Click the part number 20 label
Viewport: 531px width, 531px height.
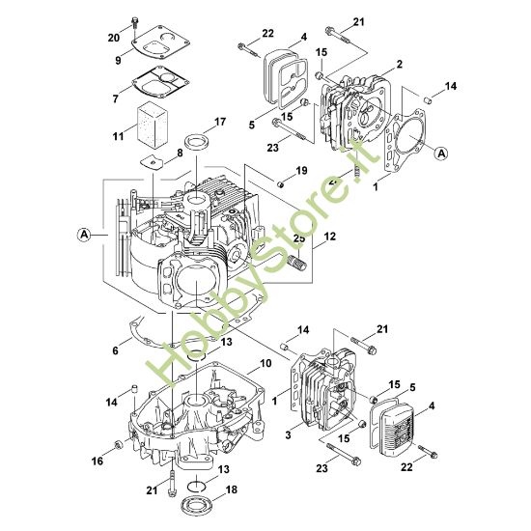114,38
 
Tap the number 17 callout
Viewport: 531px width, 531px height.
220,122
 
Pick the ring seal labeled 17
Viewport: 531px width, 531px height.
196,144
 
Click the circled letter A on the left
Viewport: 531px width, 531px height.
84,235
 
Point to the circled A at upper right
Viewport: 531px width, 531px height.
441,154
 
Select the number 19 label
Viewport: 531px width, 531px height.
301,171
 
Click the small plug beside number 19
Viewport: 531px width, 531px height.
281,185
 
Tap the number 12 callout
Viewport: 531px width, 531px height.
329,236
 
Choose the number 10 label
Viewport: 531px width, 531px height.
265,363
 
